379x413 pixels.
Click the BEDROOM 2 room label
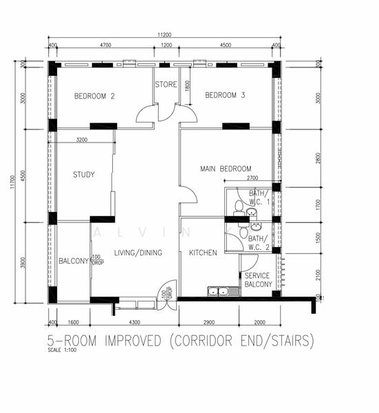pyautogui.click(x=94, y=96)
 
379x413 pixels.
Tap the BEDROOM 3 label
pyautogui.click(x=225, y=96)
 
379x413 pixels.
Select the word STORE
pyautogui.click(x=166, y=85)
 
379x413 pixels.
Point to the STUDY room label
pyautogui.click(x=84, y=175)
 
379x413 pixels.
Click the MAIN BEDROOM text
pyautogui.click(x=226, y=169)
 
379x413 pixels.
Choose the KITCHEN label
pyautogui.click(x=203, y=253)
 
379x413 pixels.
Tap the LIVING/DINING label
pyautogui.click(x=138, y=253)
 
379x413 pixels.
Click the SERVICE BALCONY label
pyautogui.click(x=259, y=280)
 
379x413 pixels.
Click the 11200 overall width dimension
pyautogui.click(x=164, y=35)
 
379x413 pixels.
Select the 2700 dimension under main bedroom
pyautogui.click(x=252, y=178)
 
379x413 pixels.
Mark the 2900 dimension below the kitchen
pyautogui.click(x=208, y=322)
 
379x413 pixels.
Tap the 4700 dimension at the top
pyautogui.click(x=105, y=45)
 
